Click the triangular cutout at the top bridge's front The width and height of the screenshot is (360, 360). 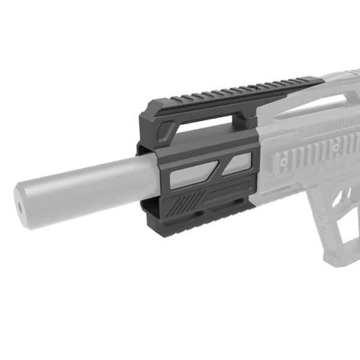(x=169, y=128)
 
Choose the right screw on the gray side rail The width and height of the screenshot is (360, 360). (x=336, y=146)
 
